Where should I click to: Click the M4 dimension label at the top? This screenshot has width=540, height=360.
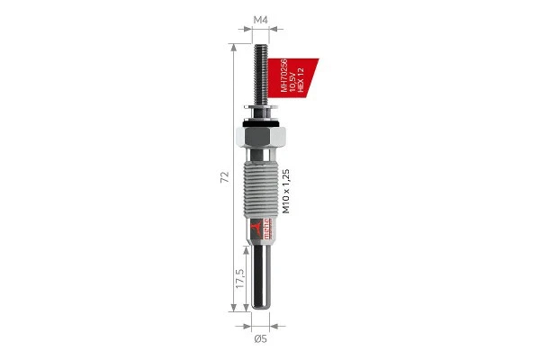coord(260,19)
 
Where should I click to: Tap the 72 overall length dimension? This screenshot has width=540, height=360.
coord(225,177)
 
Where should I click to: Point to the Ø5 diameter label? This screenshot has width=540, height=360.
coord(260,338)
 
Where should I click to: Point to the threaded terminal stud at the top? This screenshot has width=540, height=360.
coord(260,76)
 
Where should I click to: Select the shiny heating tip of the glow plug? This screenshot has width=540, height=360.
coord(260,279)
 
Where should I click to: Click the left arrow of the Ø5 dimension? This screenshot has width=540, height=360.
coord(247,325)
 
